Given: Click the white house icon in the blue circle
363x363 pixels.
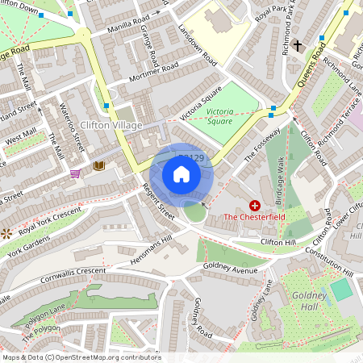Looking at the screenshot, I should tap(181, 173).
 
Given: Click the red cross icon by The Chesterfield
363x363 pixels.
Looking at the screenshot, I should tap(256, 206).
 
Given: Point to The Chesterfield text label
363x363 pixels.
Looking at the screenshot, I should tap(254, 218).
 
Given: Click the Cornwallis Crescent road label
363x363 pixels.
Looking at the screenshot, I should tap(73, 275).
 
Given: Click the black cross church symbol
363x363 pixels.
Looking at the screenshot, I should tap(297, 45).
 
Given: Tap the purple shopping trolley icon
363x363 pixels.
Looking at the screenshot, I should tap(76, 173).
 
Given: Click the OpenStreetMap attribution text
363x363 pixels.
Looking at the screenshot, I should tap(81, 357).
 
